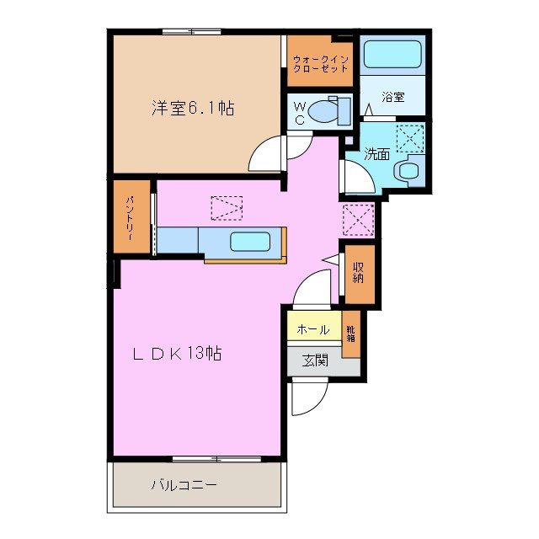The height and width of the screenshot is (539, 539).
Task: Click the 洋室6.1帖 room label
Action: [x=193, y=108]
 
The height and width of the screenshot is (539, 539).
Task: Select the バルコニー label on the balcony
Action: [x=184, y=485]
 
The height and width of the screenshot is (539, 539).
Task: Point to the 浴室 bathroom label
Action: [x=393, y=97]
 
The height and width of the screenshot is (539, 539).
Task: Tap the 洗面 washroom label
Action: [x=376, y=154]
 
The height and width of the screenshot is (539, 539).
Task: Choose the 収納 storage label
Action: [x=358, y=273]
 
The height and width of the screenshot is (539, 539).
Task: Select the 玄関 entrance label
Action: [x=315, y=361]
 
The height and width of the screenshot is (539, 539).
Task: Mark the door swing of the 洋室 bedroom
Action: [x=269, y=156]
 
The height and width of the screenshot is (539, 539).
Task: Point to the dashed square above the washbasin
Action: [x=410, y=137]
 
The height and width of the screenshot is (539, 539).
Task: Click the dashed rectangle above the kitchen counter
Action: [x=227, y=207]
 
